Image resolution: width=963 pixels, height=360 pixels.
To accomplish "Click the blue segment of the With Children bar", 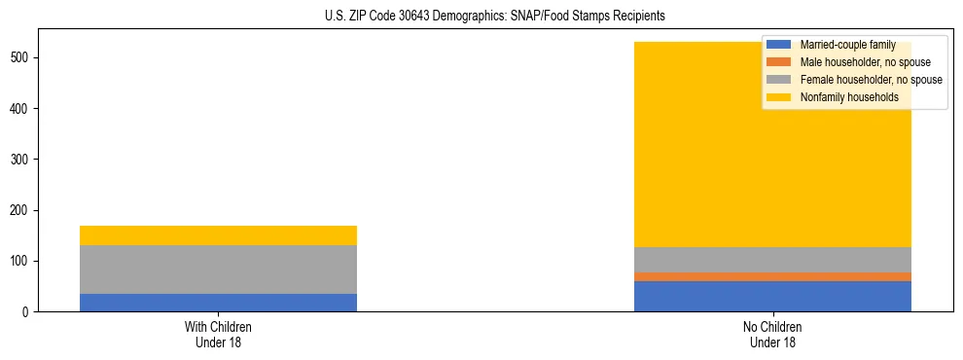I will click(218, 303).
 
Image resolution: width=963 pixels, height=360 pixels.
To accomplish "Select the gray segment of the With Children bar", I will click(218, 270).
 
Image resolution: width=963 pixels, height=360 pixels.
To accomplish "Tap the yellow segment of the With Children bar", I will click(218, 235).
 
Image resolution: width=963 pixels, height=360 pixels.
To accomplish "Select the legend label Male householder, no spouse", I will click(865, 62).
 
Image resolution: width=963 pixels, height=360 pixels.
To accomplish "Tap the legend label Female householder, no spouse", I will click(871, 80).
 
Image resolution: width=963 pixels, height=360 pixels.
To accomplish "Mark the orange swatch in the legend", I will click(779, 62).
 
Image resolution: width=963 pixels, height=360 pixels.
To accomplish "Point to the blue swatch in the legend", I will click(779, 45).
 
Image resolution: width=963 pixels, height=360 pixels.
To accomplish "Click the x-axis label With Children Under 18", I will click(218, 334).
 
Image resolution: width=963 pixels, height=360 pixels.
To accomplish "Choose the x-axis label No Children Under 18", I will click(772, 334).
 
